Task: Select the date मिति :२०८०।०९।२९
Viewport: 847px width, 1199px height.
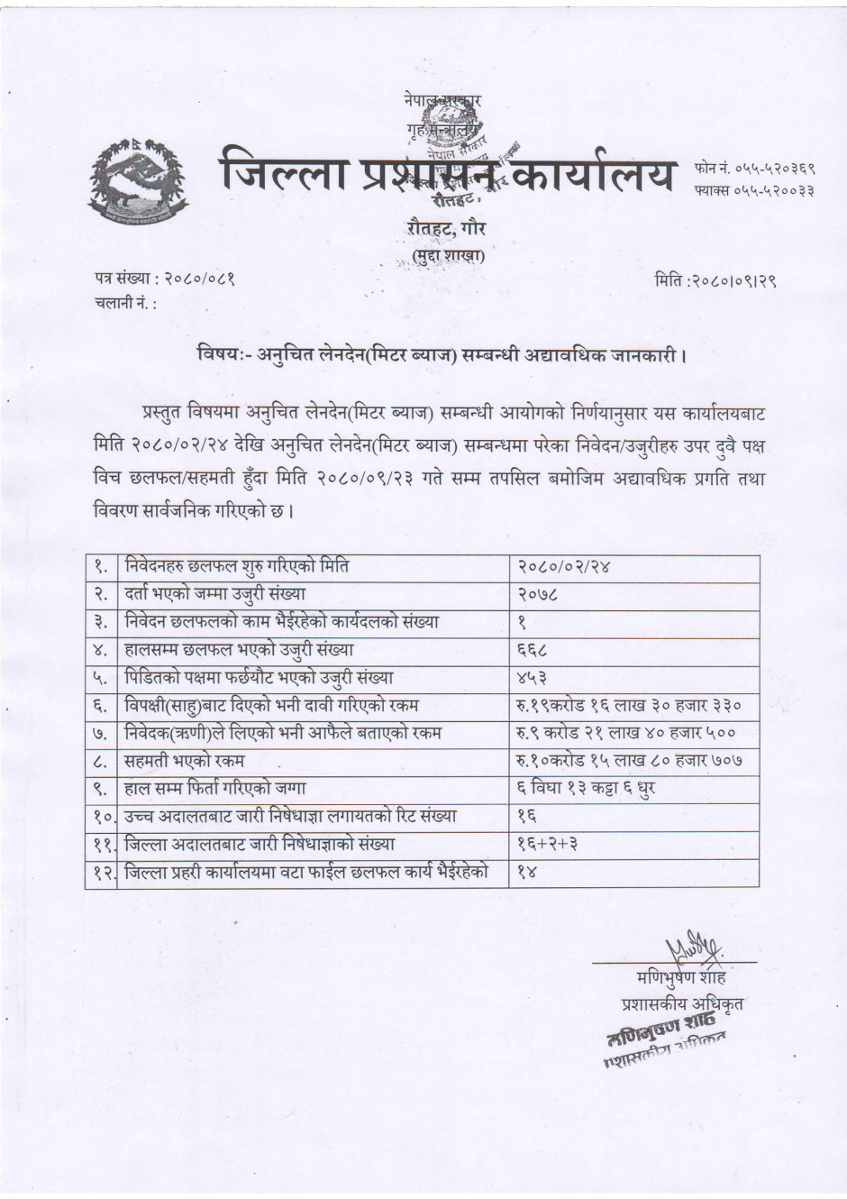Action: click(715, 280)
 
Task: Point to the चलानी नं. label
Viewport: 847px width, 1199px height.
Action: click(126, 303)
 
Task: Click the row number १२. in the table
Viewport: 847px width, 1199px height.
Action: click(103, 873)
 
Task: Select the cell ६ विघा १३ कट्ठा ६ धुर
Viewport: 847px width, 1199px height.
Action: click(586, 789)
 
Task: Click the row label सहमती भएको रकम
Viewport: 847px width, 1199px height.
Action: click(185, 761)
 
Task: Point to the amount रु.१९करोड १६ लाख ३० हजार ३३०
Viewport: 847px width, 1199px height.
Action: click(629, 706)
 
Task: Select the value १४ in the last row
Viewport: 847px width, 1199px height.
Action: click(528, 873)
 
